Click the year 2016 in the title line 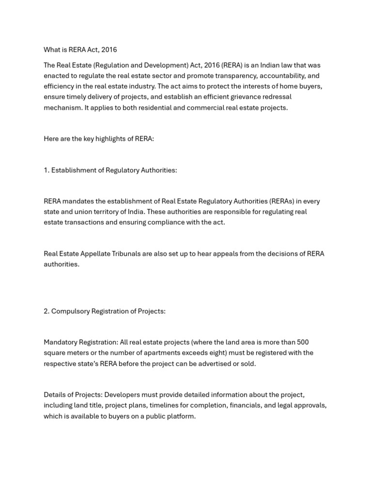point(109,50)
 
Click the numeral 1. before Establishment point(46,170)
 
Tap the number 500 point(302,342)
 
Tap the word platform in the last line point(180,416)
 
